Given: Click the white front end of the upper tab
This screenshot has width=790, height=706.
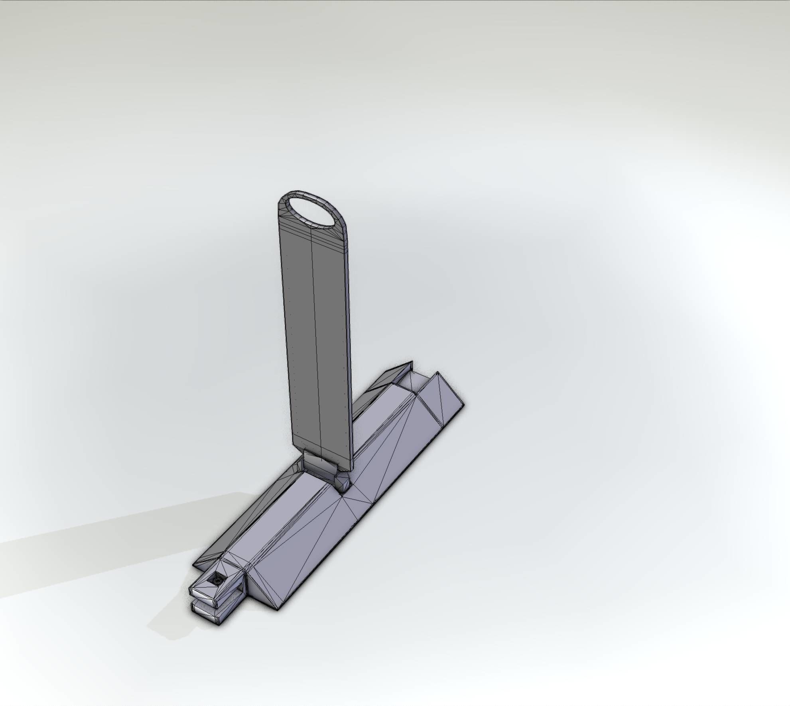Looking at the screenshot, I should [x=204, y=594].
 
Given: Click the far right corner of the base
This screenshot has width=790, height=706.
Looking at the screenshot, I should [x=463, y=405].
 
